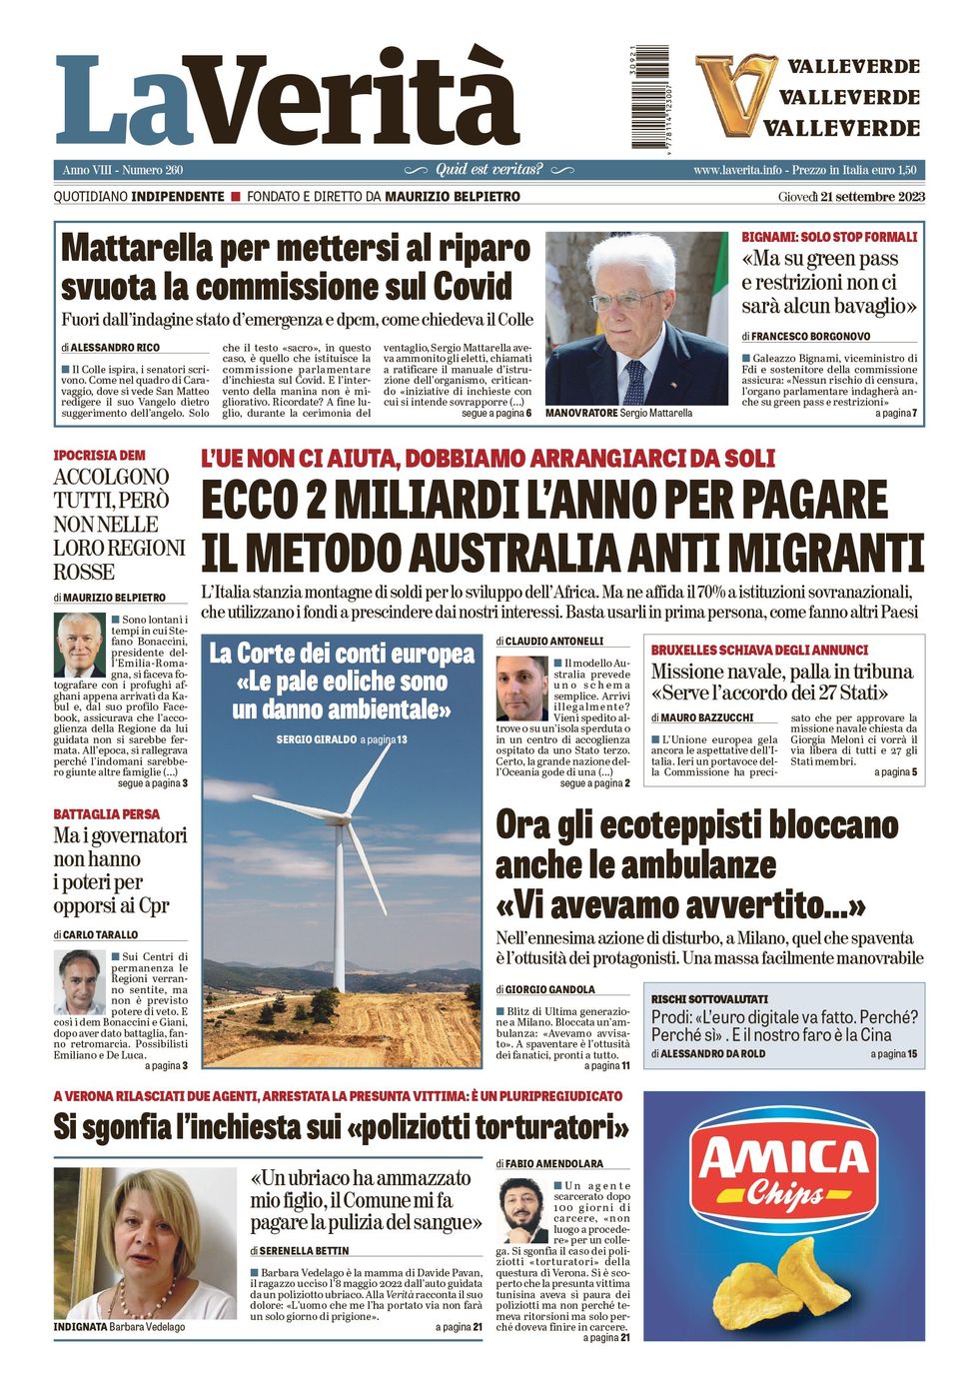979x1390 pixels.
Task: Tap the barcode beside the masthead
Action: pos(650,98)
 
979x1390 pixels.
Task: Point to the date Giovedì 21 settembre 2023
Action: pos(851,197)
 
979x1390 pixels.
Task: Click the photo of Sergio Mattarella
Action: pos(636,318)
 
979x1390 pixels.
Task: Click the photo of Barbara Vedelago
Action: pos(145,1243)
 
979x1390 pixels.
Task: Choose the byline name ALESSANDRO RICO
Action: pos(115,348)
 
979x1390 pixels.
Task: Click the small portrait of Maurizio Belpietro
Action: pos(80,646)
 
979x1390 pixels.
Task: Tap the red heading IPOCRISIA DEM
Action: pos(99,456)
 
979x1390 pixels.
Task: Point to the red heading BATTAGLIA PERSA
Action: pos(106,814)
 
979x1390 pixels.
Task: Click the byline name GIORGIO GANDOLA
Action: pos(549,989)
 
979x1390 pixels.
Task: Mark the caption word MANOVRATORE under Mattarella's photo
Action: pos(580,413)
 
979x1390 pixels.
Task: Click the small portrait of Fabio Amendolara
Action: pos(521,1209)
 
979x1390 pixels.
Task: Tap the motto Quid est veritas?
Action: pos(489,170)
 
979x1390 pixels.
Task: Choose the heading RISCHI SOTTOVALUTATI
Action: pos(709,999)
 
